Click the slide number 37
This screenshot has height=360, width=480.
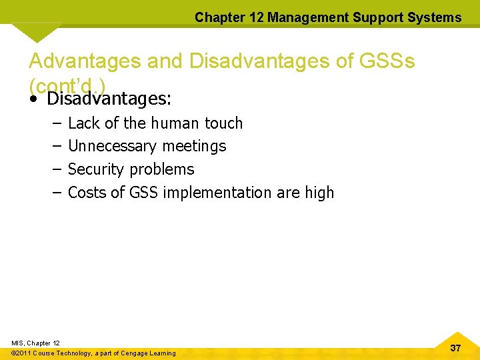(455, 348)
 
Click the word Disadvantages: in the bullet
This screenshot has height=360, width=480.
(109, 99)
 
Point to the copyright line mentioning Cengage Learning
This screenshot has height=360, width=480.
(94, 353)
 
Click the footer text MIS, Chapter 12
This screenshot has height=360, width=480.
(35, 343)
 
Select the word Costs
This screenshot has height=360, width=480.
(87, 193)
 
